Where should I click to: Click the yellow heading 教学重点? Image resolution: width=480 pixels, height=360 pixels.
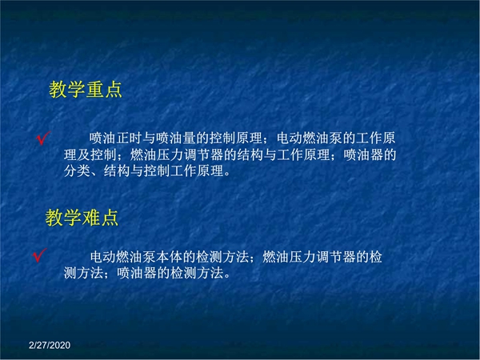[86, 90]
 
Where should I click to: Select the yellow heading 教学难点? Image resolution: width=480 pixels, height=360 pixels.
[82, 218]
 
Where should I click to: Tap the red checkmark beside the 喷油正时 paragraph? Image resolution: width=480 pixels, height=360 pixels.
[43, 138]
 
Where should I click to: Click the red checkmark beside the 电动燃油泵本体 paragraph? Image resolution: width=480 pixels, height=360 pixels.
[39, 255]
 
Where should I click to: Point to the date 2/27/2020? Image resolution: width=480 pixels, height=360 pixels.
[50, 346]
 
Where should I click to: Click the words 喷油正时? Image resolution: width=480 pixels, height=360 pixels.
[116, 138]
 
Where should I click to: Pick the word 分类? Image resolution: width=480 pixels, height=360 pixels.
[77, 171]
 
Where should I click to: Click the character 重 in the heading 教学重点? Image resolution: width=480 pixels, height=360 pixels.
[95, 90]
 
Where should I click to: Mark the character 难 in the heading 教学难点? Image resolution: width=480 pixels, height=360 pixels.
[91, 218]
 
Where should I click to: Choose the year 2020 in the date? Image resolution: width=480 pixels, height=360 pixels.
[60, 346]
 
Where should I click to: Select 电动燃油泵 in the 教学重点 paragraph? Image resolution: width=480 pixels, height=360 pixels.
[310, 138]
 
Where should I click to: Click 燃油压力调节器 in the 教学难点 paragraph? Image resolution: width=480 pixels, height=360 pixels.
[309, 257]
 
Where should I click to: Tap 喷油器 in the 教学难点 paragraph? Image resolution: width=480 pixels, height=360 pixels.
[137, 273]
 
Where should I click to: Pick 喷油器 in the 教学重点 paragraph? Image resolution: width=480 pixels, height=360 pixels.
[363, 154]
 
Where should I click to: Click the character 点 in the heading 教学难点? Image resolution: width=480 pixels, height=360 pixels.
[110, 218]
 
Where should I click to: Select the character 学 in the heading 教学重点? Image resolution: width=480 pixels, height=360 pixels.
[76, 90]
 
